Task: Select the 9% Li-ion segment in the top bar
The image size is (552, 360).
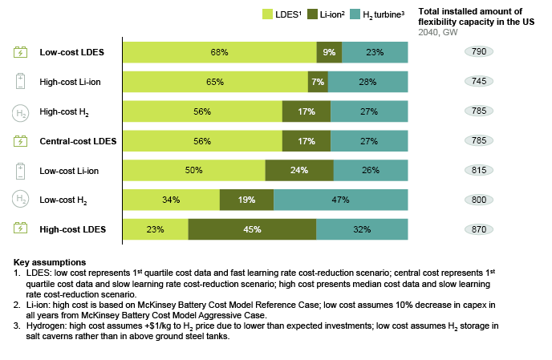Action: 329,52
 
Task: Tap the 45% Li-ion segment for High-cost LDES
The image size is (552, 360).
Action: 252,229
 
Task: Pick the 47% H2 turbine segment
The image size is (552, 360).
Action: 340,200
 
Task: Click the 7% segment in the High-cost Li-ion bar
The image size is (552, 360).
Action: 318,82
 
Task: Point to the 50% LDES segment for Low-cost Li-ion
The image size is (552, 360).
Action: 193,170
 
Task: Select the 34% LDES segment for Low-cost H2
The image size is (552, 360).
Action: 171,200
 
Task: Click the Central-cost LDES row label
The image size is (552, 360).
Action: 78,141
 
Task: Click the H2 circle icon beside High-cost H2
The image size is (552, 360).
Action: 20,111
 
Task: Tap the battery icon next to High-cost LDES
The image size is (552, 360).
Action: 20,229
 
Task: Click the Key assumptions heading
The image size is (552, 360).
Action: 49,263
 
